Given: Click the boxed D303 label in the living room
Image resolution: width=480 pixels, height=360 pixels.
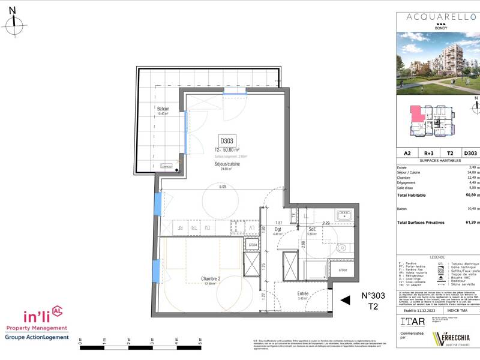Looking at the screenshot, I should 227,140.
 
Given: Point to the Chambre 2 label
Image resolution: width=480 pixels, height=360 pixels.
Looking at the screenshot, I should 200,278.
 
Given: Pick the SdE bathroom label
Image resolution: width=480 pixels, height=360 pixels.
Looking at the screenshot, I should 313,229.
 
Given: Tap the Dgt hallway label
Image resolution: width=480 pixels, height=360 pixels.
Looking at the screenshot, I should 278,229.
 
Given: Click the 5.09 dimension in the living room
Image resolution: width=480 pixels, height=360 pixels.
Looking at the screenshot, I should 223,187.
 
